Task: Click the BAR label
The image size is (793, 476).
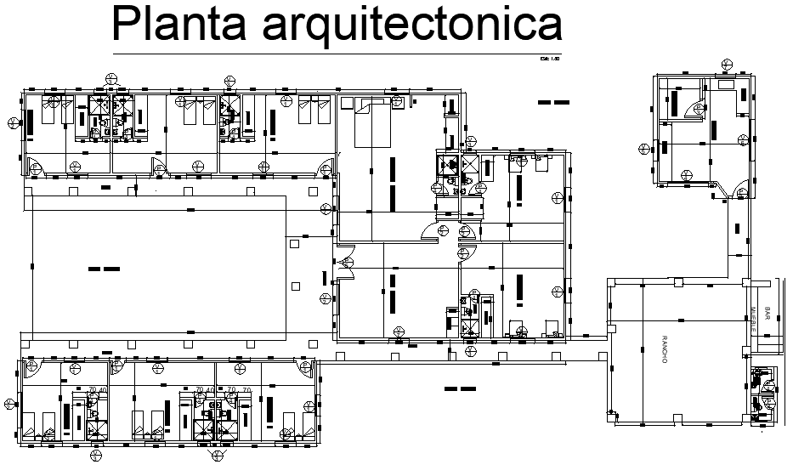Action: pyautogui.click(x=768, y=314)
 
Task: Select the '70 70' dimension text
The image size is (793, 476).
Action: pyautogui.click(x=237, y=390)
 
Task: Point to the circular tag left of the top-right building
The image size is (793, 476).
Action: pyautogui.click(x=643, y=146)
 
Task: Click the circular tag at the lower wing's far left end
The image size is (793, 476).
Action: pyautogui.click(x=10, y=404)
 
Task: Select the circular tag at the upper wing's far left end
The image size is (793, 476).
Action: pyautogui.click(x=11, y=121)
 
